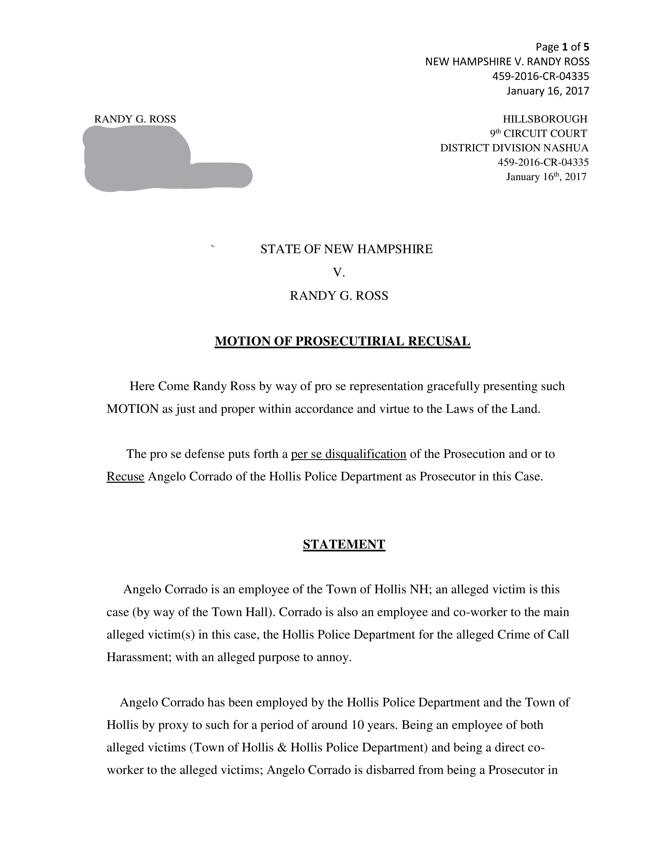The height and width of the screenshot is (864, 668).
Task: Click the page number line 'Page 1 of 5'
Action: tap(562, 47)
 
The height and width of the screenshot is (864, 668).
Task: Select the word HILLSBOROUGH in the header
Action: tap(545, 119)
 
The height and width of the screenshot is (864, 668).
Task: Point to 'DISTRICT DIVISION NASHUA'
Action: tap(514, 148)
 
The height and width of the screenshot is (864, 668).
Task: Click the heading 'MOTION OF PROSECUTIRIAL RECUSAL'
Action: tap(342, 341)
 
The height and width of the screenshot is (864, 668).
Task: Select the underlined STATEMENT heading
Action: tap(344, 544)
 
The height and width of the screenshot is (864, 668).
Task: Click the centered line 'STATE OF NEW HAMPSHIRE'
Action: tap(346, 249)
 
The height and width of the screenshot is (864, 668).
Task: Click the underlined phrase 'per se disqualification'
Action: tap(349, 454)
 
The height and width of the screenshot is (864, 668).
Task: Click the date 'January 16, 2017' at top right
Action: tap(548, 91)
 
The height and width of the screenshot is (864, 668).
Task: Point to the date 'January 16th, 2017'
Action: tap(546, 177)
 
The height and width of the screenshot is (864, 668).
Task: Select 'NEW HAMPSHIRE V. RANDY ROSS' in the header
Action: tap(507, 62)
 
